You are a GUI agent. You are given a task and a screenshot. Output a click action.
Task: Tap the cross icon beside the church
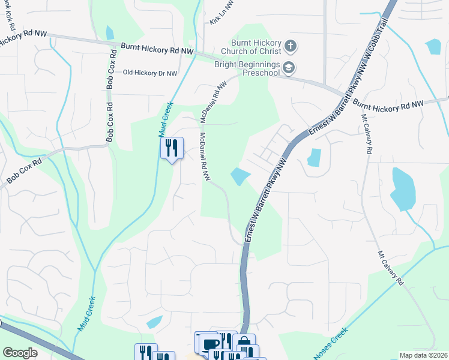(x=290, y=46)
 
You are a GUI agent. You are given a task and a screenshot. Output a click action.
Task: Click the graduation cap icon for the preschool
(x=289, y=67)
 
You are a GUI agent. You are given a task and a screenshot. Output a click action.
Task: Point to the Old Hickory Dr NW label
(x=150, y=73)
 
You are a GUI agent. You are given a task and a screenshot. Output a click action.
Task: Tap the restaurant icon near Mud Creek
(x=172, y=148)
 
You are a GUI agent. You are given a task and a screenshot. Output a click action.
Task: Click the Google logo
(x=20, y=353)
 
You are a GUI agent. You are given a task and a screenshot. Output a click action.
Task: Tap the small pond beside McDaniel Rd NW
(x=240, y=176)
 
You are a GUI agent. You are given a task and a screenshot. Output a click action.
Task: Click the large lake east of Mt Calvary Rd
(x=403, y=188)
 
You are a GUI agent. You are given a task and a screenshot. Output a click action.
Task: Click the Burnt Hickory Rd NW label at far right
(x=388, y=104)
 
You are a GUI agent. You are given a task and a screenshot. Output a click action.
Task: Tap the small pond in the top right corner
(x=433, y=47)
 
